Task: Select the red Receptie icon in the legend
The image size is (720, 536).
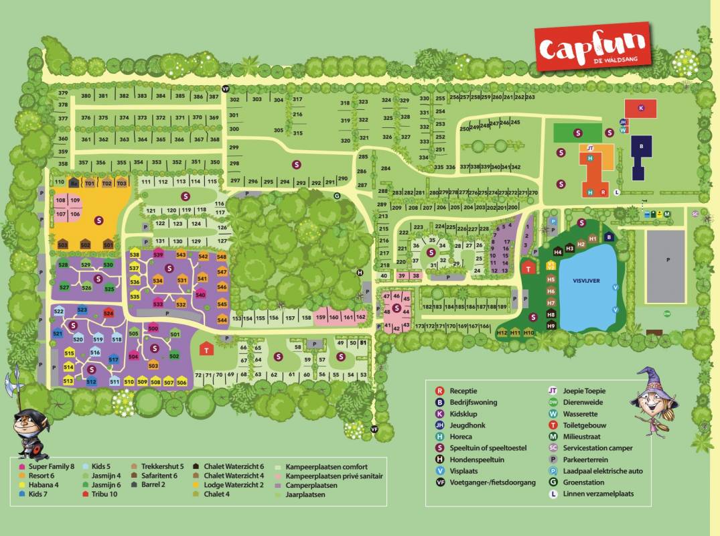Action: click(439, 391)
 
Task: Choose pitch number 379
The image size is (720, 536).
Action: click(63, 93)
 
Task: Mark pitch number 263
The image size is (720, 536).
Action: click(530, 97)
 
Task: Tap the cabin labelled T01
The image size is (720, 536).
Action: click(90, 183)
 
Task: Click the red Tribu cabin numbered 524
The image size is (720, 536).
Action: click(109, 312)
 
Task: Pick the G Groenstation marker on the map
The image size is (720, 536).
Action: click(337, 196)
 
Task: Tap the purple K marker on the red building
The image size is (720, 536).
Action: click(641, 108)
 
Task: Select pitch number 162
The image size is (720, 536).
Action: click(361, 316)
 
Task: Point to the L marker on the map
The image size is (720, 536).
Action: click(618, 192)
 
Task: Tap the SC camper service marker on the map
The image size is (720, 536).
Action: click(695, 214)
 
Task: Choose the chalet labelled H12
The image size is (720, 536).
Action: click(502, 333)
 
